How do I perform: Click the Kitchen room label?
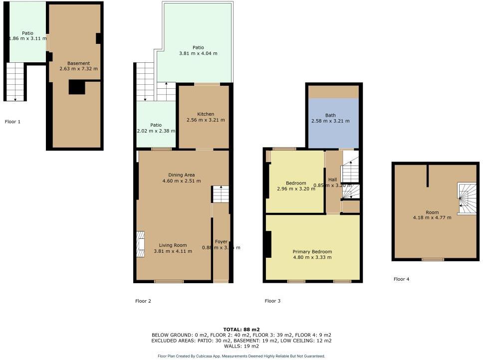pyautogui.click(x=206, y=114)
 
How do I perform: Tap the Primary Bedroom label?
pyautogui.click(x=312, y=252)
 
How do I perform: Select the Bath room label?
pyautogui.click(x=330, y=115)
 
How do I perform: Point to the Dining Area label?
pyautogui.click(x=182, y=175)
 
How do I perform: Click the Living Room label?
pyautogui.click(x=173, y=245)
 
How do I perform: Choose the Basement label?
pyautogui.click(x=79, y=63)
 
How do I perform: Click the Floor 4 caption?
pyautogui.click(x=401, y=279)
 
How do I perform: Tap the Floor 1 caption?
pyautogui.click(x=12, y=121)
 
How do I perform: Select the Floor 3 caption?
pyautogui.click(x=272, y=301)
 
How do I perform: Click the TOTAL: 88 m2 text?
pyautogui.click(x=241, y=330)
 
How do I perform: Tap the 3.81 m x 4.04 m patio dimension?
pyautogui.click(x=198, y=53)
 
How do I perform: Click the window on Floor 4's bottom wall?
pyautogui.click(x=433, y=259)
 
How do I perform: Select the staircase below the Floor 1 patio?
pyautogui.click(x=15, y=82)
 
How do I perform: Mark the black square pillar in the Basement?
pyautogui.click(x=77, y=87)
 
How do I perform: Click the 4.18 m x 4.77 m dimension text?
pyautogui.click(x=432, y=217)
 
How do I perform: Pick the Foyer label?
pyautogui.click(x=221, y=242)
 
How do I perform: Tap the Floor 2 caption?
pyautogui.click(x=143, y=301)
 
